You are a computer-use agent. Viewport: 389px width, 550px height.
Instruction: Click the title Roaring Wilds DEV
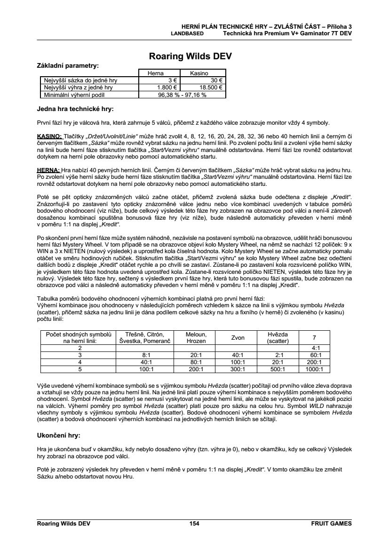190,56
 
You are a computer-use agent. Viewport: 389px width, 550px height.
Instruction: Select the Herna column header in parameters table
155,73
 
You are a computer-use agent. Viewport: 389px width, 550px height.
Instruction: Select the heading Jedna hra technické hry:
75,109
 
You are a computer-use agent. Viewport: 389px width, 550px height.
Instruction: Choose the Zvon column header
238,337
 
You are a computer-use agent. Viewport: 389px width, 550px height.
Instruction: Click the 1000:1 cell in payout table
314,369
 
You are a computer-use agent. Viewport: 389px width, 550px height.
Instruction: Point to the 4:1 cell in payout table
314,348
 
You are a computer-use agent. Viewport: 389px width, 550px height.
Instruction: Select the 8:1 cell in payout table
145,355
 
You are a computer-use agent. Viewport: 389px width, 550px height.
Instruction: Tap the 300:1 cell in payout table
238,369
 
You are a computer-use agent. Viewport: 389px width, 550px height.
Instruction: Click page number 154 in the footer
194,523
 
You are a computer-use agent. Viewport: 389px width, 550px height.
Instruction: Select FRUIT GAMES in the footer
331,523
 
